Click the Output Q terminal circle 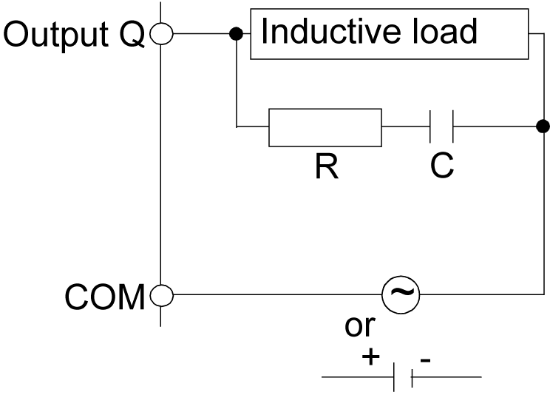pos(161,33)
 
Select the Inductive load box pos(390,34)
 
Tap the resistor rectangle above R pos(325,128)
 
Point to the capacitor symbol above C pos(441,128)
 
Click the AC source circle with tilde pos(400,295)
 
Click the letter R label pos(325,168)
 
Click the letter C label pos(442,168)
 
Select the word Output pos(55,34)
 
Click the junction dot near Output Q pos(236,33)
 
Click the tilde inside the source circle pos(400,295)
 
